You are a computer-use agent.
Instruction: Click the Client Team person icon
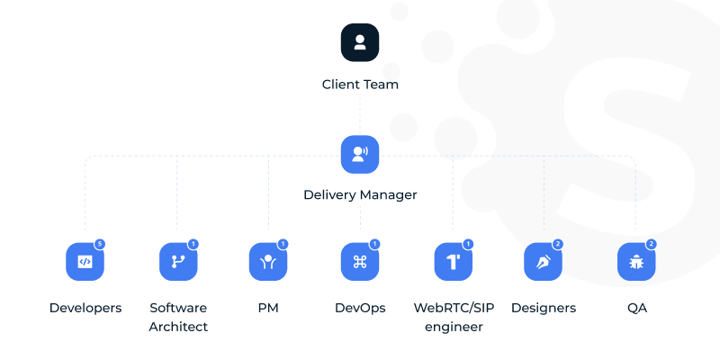coord(360,42)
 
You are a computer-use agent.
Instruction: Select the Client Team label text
coord(360,85)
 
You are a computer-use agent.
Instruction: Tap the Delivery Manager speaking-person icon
coord(360,154)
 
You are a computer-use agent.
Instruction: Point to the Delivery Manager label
coord(360,194)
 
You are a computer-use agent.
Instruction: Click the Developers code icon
coord(85,262)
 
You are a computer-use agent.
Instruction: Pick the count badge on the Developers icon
coord(100,244)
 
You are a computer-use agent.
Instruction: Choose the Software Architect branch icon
coord(178,262)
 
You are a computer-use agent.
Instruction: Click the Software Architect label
coord(178,317)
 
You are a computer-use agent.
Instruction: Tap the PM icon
coord(268,262)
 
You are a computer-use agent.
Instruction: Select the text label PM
coord(268,308)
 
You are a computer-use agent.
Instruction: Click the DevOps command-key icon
coord(360,262)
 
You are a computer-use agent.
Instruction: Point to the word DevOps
coord(360,308)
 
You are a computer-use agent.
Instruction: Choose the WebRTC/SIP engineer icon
coord(454,262)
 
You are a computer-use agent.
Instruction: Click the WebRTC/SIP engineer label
coord(454,317)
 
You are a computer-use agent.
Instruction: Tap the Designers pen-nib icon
coord(543,262)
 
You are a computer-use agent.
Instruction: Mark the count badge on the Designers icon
coord(558,244)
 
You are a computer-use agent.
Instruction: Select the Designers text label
coord(543,308)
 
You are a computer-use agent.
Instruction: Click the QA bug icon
coord(636,262)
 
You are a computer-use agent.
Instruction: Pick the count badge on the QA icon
coord(651,244)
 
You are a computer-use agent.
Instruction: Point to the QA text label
coord(636,308)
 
